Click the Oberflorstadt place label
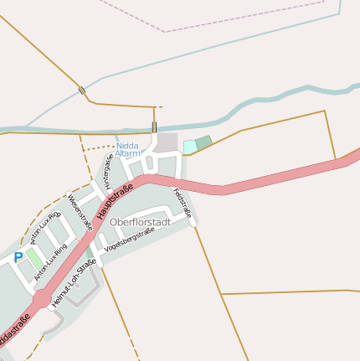(140, 222)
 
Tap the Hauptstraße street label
(115, 202)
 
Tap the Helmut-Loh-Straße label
(74, 282)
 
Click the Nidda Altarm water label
(128, 149)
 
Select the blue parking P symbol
(18, 257)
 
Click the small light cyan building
(190, 147)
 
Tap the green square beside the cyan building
(203, 142)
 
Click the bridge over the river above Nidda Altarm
(154, 127)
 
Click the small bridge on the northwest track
(81, 90)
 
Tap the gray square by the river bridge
(167, 142)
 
